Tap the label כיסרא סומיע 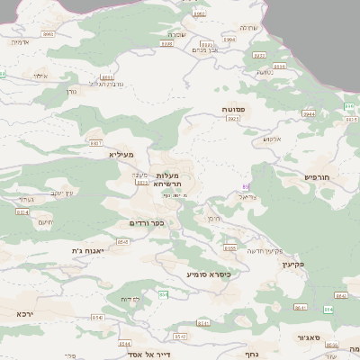pos(208,274)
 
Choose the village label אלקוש pos(273,139)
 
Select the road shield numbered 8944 pos(310,114)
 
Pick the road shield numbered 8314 pos(22,212)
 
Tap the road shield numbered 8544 pos(124,343)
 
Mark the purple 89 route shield pos(245,186)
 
